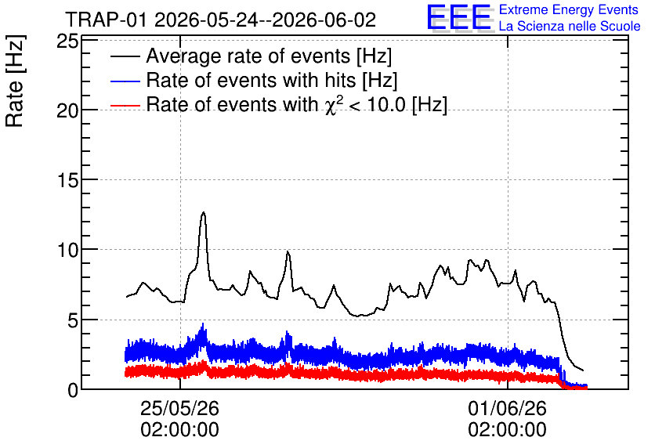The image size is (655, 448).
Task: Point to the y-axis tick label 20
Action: (67, 110)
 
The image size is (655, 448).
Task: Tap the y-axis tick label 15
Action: (67, 180)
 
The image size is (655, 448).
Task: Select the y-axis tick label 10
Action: (67, 250)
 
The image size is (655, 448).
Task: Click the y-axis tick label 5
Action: (73, 320)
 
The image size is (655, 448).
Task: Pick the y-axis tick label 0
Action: (73, 390)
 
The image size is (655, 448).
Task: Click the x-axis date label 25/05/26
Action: (179, 408)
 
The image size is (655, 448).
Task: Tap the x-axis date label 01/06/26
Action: (507, 408)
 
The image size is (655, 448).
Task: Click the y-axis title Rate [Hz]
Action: (15, 81)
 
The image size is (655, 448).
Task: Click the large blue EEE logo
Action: (459, 17)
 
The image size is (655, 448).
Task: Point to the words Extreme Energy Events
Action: (569, 9)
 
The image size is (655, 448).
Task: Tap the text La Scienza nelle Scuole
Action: (570, 26)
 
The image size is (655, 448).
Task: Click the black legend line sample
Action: (125, 56)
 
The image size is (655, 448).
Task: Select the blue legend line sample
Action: (125, 81)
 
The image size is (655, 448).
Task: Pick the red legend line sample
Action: (125, 105)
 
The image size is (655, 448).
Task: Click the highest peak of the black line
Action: (204, 212)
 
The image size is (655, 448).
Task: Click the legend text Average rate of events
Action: (248, 56)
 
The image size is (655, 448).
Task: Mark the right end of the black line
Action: (583, 370)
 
